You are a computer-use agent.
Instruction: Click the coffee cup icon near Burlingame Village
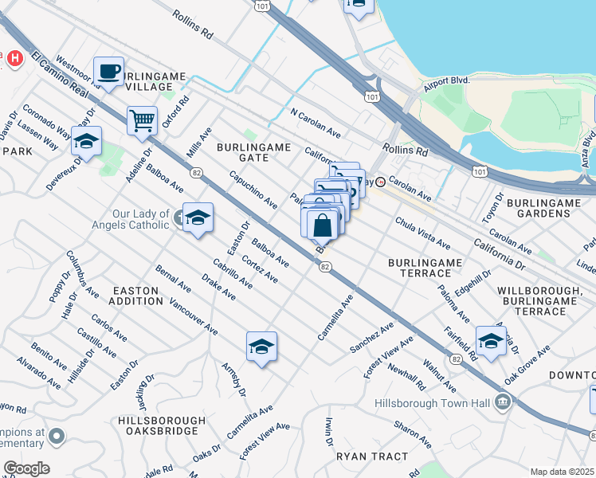pos(109,72)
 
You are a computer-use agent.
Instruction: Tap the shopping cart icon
pos(142,121)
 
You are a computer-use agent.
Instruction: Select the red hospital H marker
pos(13,58)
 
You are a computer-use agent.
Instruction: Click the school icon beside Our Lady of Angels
pos(197,217)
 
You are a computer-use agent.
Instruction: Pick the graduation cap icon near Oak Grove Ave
pos(491,340)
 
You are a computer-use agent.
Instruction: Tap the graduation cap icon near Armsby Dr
pos(261,346)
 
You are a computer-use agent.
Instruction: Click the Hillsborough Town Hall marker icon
pos(502,402)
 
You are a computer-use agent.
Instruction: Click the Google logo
pos(25,468)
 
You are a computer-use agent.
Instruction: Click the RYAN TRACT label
pos(371,456)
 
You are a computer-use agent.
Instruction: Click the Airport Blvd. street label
pos(447,80)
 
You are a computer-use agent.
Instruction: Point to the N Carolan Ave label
pos(316,123)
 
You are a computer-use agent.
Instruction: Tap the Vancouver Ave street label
pos(194,315)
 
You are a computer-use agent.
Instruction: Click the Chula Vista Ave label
pos(422,234)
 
